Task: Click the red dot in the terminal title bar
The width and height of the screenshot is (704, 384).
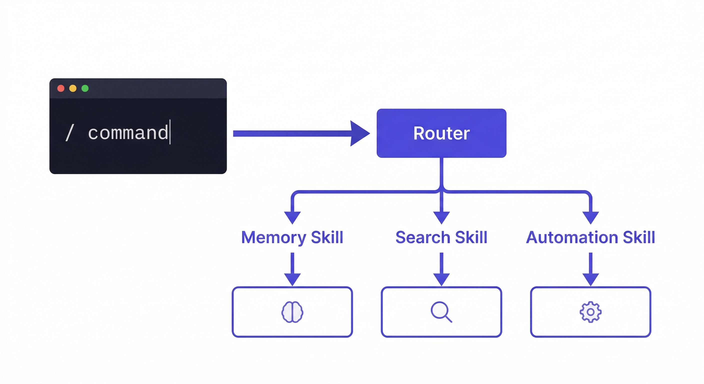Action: tap(61, 88)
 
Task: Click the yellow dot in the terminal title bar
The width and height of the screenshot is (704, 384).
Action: tap(73, 88)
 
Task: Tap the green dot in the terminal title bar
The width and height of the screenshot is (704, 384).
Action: tap(85, 88)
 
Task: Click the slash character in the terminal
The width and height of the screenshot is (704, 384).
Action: tap(70, 132)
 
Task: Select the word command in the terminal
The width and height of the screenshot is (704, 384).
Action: tap(128, 133)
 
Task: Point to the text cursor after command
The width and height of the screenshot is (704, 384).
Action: tap(170, 132)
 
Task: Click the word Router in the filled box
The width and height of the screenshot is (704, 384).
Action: tap(441, 133)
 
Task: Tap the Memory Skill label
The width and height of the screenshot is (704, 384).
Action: tap(292, 237)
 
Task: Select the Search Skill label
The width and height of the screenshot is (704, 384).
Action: tap(441, 237)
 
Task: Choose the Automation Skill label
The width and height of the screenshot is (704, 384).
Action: tap(590, 237)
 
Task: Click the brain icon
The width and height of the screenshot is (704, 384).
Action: tap(292, 312)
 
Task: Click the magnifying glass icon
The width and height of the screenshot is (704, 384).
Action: tap(441, 312)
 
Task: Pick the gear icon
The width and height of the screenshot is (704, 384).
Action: tap(590, 312)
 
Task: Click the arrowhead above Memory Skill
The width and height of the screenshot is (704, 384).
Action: tap(292, 217)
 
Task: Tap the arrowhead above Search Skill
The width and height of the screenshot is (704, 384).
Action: tap(441, 217)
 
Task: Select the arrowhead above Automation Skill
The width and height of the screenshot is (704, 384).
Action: tap(590, 217)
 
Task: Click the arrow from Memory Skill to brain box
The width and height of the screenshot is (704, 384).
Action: tap(292, 269)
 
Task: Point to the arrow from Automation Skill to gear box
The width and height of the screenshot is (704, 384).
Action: tap(590, 269)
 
